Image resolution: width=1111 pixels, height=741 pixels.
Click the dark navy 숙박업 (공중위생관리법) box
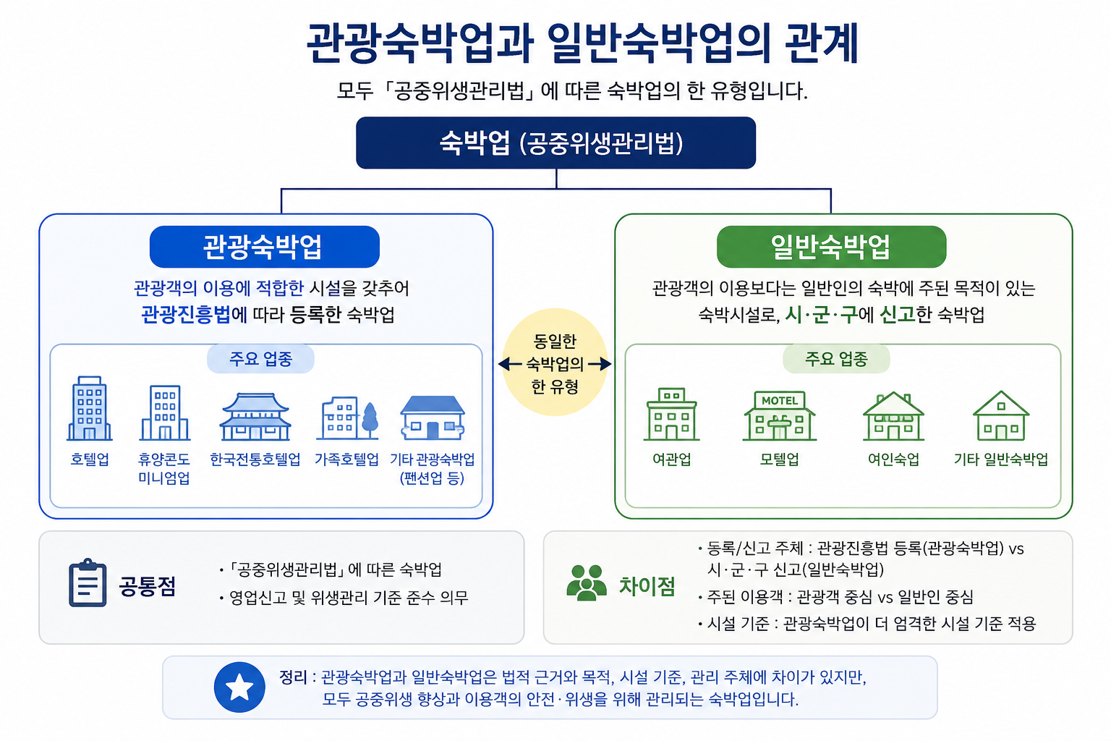pyautogui.click(x=555, y=143)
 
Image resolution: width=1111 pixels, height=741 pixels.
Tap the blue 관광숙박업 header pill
pyautogui.click(x=264, y=247)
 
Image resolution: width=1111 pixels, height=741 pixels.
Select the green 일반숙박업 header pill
pyautogui.click(x=831, y=247)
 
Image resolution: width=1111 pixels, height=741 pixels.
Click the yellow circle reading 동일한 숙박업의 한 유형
pyautogui.click(x=555, y=363)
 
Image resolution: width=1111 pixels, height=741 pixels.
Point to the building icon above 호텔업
pyautogui.click(x=89, y=408)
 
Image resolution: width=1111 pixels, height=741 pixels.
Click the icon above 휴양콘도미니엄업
pyautogui.click(x=165, y=412)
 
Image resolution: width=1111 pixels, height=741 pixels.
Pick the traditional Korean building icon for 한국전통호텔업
pyautogui.click(x=255, y=416)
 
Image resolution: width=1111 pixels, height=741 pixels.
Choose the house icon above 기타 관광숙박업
pyautogui.click(x=433, y=418)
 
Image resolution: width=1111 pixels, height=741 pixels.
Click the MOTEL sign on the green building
pyautogui.click(x=779, y=400)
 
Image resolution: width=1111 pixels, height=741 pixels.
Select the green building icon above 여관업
pyautogui.click(x=671, y=415)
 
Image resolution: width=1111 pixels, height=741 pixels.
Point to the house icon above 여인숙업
pyautogui.click(x=893, y=416)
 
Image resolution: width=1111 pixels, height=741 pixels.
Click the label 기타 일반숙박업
pyautogui.click(x=1001, y=459)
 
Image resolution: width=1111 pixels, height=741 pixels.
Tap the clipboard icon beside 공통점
pyautogui.click(x=88, y=583)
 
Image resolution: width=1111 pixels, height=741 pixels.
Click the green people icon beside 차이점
pyautogui.click(x=587, y=583)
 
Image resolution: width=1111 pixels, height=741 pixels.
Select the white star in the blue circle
pyautogui.click(x=239, y=687)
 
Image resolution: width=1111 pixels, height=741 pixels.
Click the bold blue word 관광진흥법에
pyautogui.click(x=194, y=315)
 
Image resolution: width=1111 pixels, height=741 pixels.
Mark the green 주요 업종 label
pyautogui.click(x=836, y=359)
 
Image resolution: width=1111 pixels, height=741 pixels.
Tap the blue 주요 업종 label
pyautogui.click(x=261, y=359)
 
